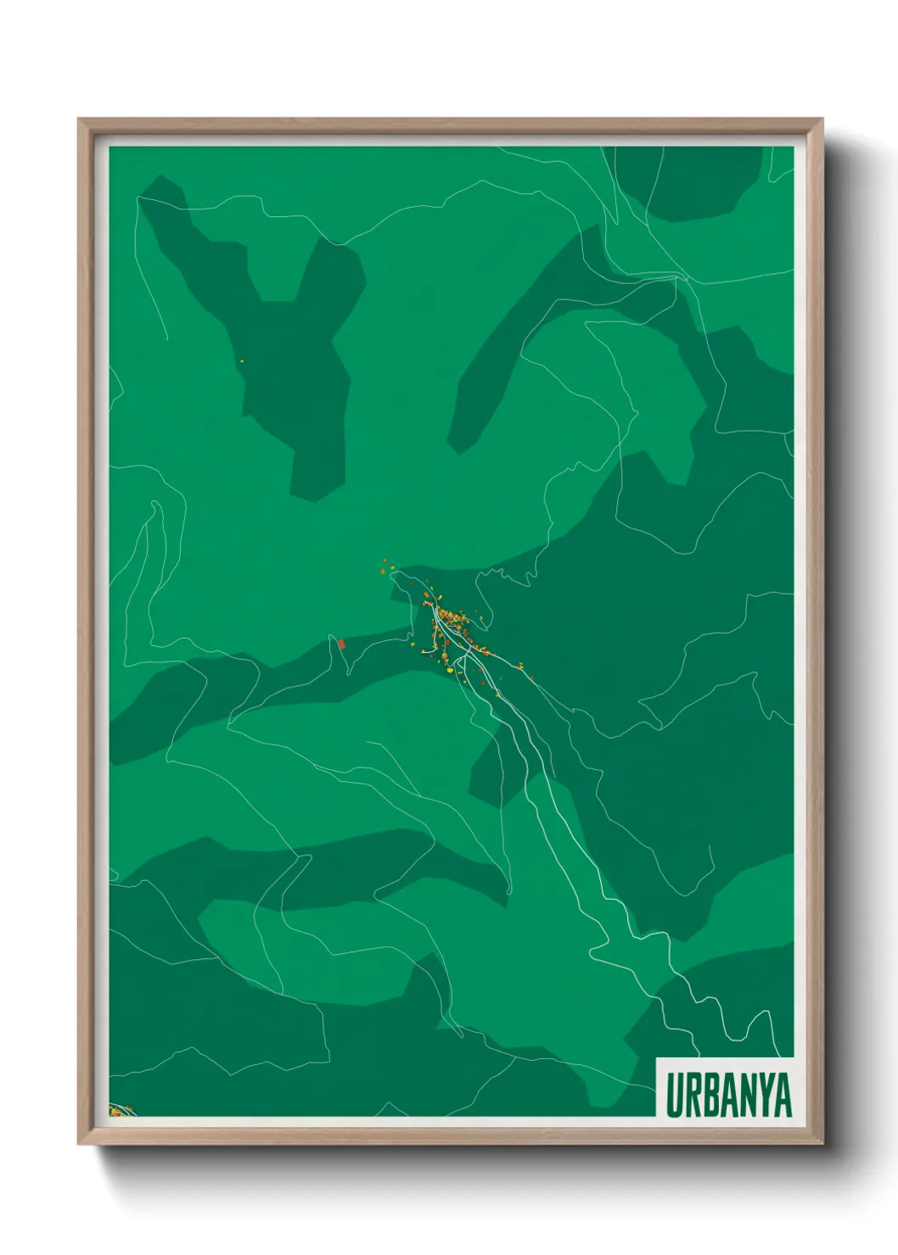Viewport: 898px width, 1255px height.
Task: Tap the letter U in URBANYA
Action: (x=674, y=1095)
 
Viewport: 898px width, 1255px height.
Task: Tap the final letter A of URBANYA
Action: (x=780, y=1095)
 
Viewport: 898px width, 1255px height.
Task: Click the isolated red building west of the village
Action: (x=341, y=644)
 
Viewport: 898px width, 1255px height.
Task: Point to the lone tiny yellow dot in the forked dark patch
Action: (x=242, y=362)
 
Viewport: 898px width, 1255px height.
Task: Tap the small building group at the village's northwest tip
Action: (x=388, y=568)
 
